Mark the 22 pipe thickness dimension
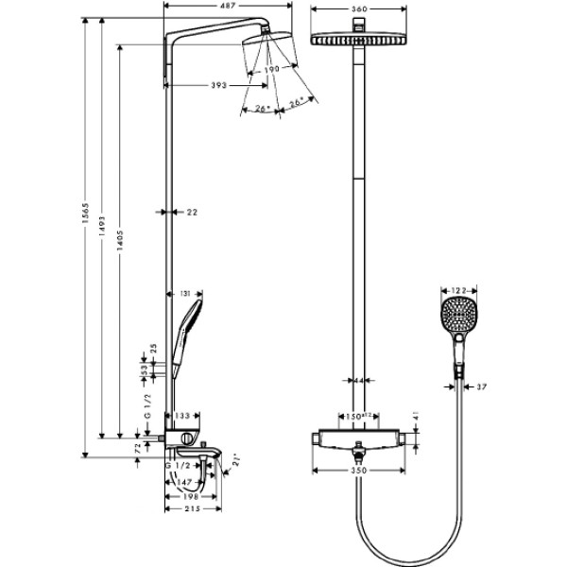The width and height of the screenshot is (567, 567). click(192, 213)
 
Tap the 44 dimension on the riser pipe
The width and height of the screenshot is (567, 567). click(359, 381)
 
